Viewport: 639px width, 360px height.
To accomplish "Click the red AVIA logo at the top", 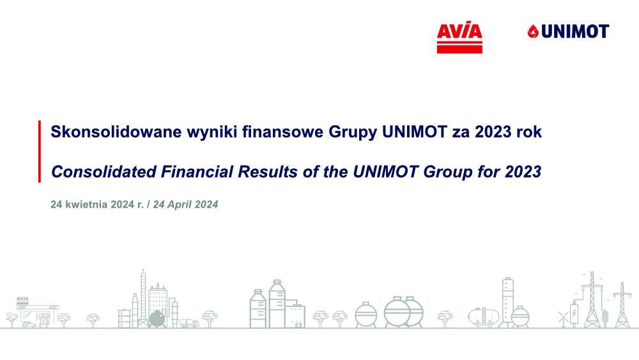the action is [x=459, y=37].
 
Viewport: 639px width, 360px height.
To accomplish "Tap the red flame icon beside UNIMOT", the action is [x=533, y=31].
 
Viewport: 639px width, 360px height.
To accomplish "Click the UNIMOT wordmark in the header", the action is [x=575, y=31].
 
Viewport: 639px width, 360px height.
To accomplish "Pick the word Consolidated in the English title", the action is [x=104, y=171].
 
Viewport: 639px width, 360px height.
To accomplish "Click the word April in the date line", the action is [x=179, y=205].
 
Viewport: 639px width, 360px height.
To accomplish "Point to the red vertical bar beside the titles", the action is [x=40, y=152].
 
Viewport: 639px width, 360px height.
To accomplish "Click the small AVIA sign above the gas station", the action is [x=22, y=299].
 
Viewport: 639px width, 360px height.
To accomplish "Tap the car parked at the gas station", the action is [x=29, y=325].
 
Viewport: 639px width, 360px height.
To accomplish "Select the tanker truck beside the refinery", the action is [x=190, y=324].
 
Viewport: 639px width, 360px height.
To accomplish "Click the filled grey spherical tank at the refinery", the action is [x=157, y=318].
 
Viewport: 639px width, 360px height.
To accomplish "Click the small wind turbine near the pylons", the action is [x=563, y=319].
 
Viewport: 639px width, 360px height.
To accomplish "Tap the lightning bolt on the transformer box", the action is [x=574, y=313].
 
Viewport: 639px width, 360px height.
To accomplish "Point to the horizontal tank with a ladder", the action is [x=484, y=317].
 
